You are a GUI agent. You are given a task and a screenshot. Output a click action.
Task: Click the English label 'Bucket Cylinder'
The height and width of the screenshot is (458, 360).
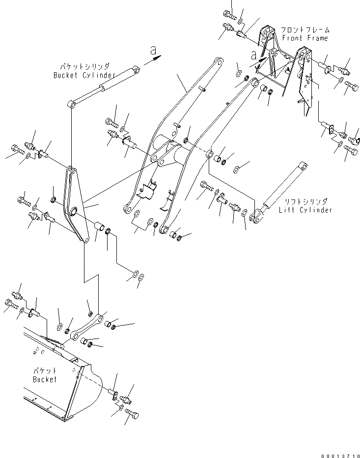(84, 75)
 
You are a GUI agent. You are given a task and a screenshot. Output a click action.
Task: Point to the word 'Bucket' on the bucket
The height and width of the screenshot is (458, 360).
(45, 379)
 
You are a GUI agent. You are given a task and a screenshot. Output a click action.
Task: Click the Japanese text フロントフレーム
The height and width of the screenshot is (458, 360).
(304, 30)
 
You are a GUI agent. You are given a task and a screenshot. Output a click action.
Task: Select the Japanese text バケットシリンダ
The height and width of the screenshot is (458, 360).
(84, 66)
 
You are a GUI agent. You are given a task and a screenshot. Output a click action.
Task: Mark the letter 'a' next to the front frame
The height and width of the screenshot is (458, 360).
(254, 55)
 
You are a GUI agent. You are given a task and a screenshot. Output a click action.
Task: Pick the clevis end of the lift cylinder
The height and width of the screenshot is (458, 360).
(255, 216)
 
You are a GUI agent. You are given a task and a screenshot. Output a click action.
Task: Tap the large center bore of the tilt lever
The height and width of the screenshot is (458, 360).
(74, 212)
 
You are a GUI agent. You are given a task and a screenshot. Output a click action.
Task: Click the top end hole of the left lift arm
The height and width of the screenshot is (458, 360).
(218, 62)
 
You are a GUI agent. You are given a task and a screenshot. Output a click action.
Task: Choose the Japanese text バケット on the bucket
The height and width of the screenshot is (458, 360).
(45, 371)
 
